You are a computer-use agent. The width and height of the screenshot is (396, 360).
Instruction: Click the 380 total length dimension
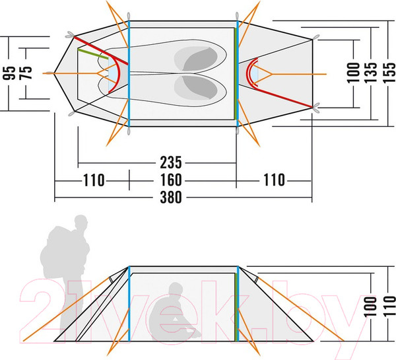[x=171, y=198]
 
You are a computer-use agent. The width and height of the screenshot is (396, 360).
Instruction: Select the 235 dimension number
[x=171, y=162]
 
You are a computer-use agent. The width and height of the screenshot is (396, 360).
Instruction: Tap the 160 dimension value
[x=171, y=180]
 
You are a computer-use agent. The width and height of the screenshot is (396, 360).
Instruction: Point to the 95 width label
[x=9, y=73]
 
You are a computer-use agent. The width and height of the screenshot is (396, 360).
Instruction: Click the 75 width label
[x=26, y=73]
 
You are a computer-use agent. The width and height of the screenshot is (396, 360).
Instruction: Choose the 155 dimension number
[x=389, y=73]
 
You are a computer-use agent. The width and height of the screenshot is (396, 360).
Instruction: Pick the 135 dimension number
[x=370, y=73]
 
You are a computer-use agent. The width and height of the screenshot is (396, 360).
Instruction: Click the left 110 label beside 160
[x=94, y=180]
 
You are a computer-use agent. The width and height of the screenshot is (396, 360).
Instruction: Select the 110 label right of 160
[x=275, y=180]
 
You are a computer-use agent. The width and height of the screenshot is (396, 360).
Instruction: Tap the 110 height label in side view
[x=389, y=306]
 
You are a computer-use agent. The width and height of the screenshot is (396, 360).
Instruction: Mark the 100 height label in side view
[x=370, y=306]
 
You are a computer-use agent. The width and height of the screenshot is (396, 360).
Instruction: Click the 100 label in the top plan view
[x=353, y=73]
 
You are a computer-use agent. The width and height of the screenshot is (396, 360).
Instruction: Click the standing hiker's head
[x=81, y=223]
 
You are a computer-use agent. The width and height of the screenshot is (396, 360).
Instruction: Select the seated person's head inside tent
[x=176, y=289]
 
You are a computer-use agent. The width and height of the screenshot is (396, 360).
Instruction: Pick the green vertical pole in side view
[x=236, y=307]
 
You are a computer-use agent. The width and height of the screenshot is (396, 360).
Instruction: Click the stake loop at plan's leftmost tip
[x=49, y=73]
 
